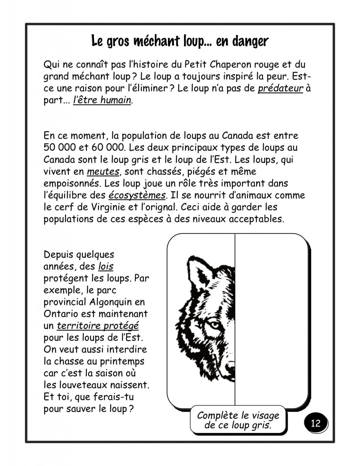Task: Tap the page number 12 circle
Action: (316, 423)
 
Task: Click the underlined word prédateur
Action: (281, 88)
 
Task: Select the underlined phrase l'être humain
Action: (102, 100)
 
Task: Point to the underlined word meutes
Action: (103, 171)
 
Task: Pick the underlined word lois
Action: (106, 266)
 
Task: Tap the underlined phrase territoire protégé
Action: (98, 326)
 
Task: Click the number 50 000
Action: (58, 148)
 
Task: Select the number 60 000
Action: (105, 148)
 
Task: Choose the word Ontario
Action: (60, 314)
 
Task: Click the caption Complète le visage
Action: (238, 415)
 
